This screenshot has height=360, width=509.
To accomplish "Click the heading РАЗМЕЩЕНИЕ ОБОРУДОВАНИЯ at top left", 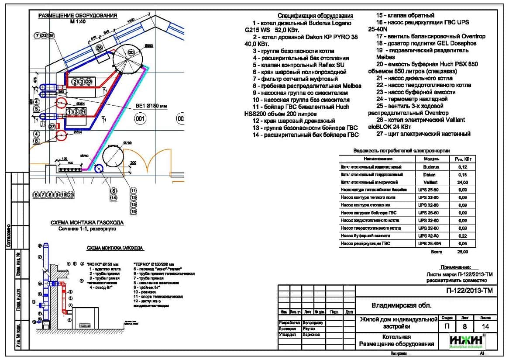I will [x=78, y=15].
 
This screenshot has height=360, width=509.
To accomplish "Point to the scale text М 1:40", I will [x=78, y=21].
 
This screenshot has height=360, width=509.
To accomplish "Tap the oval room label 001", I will [x=140, y=118].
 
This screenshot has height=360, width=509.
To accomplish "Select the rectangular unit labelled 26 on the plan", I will [x=100, y=48].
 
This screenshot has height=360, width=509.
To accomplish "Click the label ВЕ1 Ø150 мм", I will [x=151, y=106].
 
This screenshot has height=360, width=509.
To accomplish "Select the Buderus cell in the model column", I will [x=430, y=167].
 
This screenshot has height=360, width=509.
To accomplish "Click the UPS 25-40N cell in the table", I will [x=430, y=243].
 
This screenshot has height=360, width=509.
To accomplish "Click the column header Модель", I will [x=430, y=159].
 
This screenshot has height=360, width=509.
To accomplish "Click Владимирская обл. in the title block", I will [x=395, y=305].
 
